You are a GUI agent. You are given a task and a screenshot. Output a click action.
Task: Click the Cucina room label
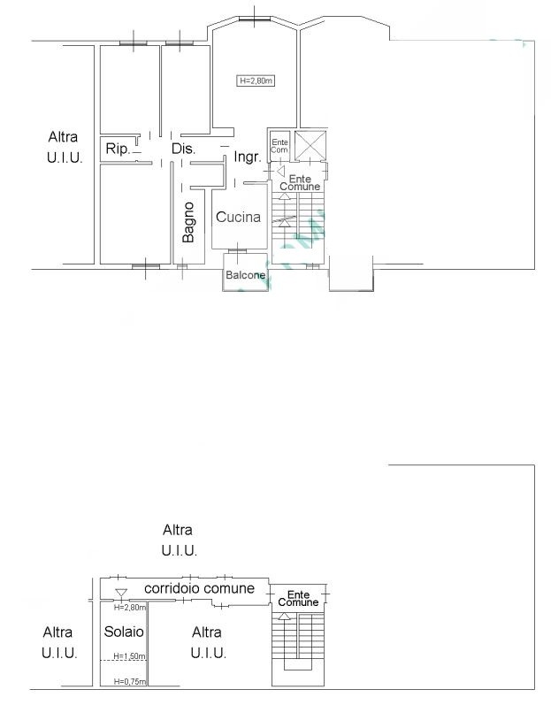click(238, 218)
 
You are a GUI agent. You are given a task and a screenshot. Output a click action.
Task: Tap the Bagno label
click(188, 222)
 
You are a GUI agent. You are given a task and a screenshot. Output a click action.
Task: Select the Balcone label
click(245, 275)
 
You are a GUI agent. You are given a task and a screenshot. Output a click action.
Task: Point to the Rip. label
click(118, 149)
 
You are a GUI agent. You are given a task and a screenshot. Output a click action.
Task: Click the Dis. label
click(183, 149)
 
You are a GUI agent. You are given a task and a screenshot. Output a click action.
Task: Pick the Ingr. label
click(248, 157)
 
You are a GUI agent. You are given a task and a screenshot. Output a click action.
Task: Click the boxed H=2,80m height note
click(256, 80)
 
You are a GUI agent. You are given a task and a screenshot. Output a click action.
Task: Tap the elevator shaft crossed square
click(310, 145)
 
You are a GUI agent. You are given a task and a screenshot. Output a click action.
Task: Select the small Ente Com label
click(279, 146)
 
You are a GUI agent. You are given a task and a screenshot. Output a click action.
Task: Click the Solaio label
click(124, 632)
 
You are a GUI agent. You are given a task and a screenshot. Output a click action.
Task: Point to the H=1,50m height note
click(129, 656)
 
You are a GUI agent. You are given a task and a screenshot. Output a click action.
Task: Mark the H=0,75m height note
click(129, 682)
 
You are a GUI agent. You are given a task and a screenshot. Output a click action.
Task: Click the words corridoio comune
click(200, 588)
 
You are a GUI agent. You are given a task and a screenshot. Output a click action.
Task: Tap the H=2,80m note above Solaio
click(129, 608)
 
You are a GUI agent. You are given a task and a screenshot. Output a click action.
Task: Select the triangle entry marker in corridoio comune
click(121, 593)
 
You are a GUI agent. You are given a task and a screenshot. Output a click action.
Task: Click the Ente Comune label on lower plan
click(298, 599)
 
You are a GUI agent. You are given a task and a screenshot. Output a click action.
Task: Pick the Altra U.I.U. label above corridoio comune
click(179, 540)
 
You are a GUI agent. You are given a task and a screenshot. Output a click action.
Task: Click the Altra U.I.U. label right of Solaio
click(208, 642)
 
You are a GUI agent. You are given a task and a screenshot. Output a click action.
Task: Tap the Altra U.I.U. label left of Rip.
click(65, 147)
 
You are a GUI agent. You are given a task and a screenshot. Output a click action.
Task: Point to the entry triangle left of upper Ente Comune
click(281, 172)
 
